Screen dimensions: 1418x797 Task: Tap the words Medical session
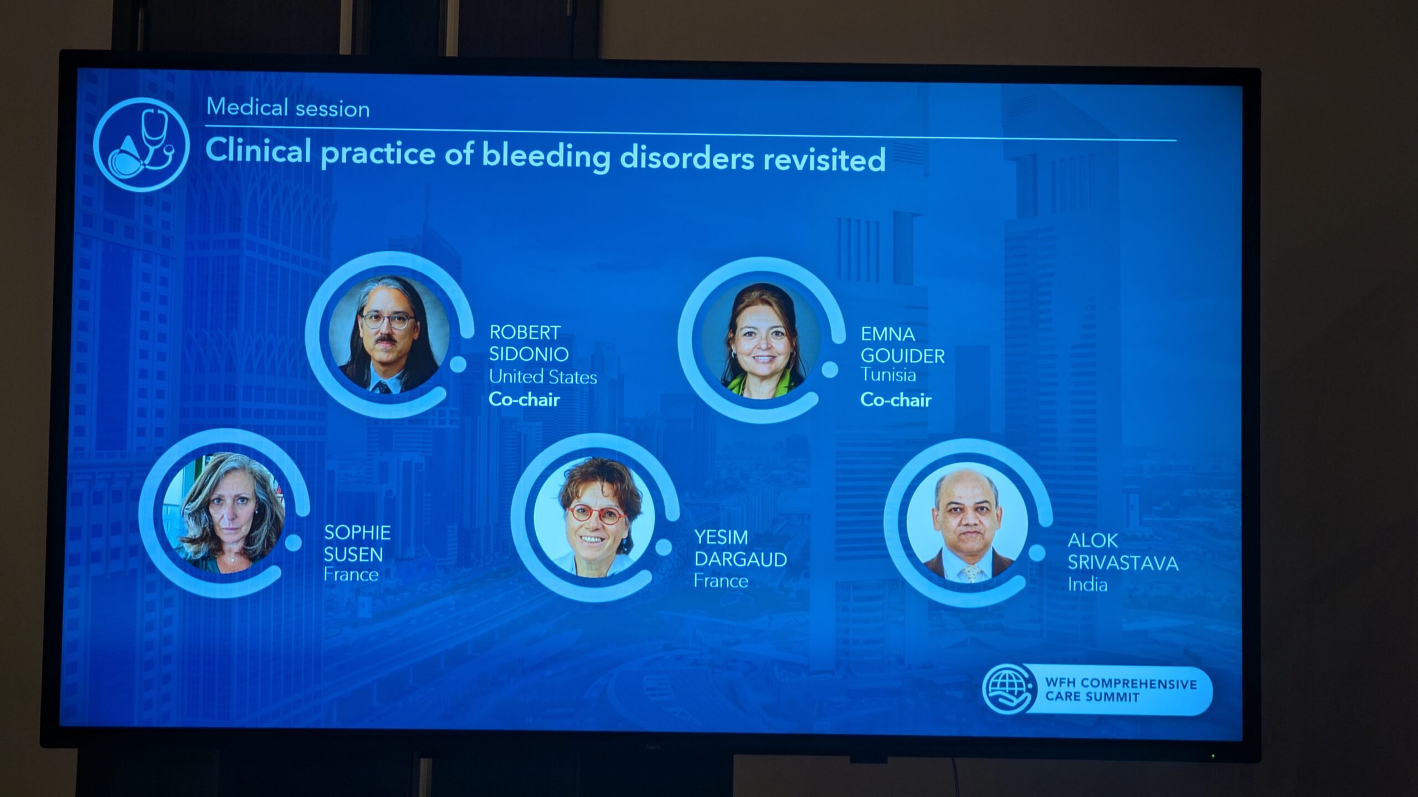click(x=288, y=107)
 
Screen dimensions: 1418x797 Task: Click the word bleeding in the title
click(x=546, y=156)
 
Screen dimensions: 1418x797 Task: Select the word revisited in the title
click(x=824, y=159)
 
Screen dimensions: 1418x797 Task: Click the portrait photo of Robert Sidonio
click(x=389, y=335)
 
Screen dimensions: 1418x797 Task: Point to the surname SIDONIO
click(x=529, y=354)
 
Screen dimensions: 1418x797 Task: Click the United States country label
click(x=543, y=377)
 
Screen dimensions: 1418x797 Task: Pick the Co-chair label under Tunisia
click(x=896, y=400)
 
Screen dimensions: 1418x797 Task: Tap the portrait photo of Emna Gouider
click(x=762, y=340)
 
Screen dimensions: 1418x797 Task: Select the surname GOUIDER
click(x=902, y=356)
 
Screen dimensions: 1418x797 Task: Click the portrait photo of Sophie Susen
click(x=224, y=513)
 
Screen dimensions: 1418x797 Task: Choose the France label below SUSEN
click(x=351, y=575)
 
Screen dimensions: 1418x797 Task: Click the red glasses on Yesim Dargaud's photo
click(x=596, y=514)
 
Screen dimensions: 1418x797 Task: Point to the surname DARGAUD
click(x=741, y=560)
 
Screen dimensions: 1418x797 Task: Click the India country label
click(x=1087, y=585)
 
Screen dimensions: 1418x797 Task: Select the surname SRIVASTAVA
click(x=1123, y=563)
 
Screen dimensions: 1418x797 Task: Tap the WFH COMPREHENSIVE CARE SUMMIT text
click(x=1121, y=690)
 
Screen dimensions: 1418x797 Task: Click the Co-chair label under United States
click(x=524, y=400)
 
